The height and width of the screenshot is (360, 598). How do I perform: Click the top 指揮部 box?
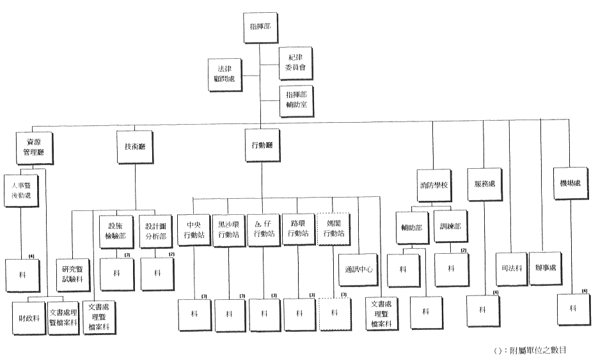pos(261,29)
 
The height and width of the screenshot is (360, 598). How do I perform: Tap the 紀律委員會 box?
pos(295,62)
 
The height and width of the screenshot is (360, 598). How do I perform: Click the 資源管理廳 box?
pos(34,148)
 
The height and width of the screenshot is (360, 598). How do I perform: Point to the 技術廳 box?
pos(134,147)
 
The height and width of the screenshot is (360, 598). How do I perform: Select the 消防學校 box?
pos(434,184)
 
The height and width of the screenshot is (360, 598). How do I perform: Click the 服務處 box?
pos(484,184)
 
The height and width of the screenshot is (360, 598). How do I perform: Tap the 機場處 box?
pos(570,184)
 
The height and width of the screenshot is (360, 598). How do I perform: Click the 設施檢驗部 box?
pos(116,230)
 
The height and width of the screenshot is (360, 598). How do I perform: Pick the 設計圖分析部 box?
pos(155,230)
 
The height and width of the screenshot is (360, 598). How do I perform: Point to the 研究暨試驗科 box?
pos(72,273)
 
